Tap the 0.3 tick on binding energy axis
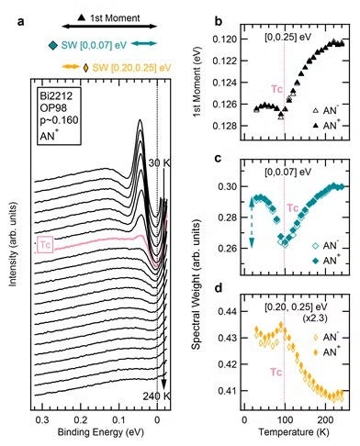(41, 417)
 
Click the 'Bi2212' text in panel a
(51, 95)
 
